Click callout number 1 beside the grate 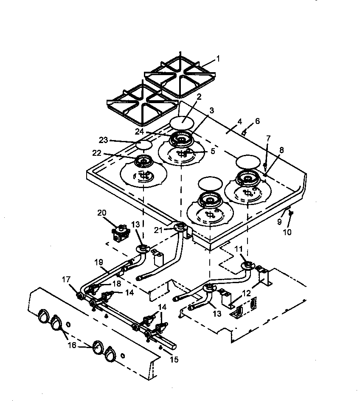(218, 59)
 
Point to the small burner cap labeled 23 (144, 145)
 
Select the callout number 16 (73, 346)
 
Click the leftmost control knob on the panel (43, 317)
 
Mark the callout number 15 (173, 360)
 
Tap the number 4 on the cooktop (240, 122)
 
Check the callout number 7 (268, 138)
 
